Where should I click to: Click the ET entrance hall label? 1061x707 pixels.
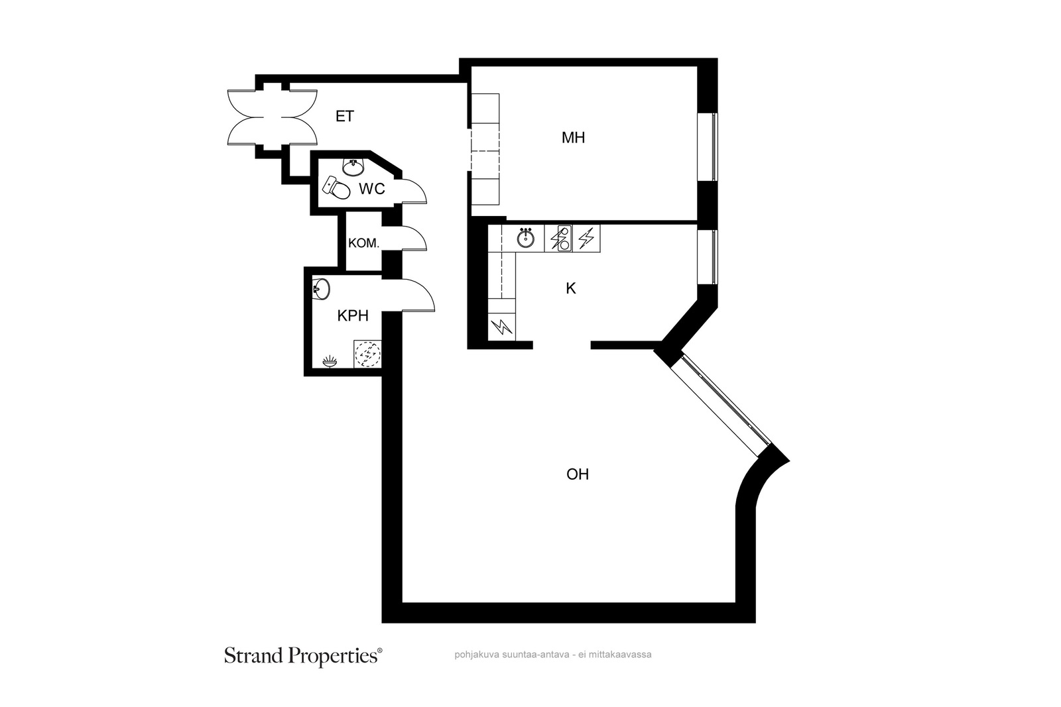click(344, 117)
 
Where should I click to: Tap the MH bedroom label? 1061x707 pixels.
click(573, 138)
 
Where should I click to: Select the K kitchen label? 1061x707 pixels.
click(571, 288)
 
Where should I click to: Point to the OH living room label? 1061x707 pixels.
click(578, 474)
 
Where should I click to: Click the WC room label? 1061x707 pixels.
click(372, 189)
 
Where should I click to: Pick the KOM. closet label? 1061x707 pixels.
click(364, 243)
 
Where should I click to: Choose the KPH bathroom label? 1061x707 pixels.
click(353, 315)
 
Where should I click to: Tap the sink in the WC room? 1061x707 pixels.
click(353, 166)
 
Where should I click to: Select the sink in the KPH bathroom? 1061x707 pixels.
click(321, 289)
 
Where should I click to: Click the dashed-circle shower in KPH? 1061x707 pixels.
click(367, 354)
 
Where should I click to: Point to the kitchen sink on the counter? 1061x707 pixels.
click(525, 238)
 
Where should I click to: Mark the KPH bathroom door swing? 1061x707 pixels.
click(417, 295)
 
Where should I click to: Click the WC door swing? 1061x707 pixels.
click(413, 191)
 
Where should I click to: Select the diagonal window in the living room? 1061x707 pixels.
click(720, 403)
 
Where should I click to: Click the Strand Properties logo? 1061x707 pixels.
click(303, 657)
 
